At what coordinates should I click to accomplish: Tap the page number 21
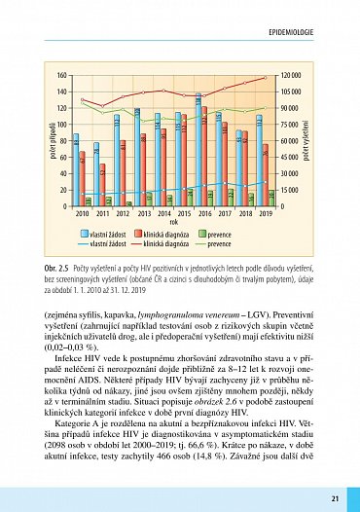point(334,498)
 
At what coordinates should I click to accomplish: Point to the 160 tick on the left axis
point(61,75)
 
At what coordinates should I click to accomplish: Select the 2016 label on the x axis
point(199,213)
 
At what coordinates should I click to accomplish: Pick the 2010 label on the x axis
point(82,213)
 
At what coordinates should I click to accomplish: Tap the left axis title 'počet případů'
point(41,140)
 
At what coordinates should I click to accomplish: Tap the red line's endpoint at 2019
point(265,78)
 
